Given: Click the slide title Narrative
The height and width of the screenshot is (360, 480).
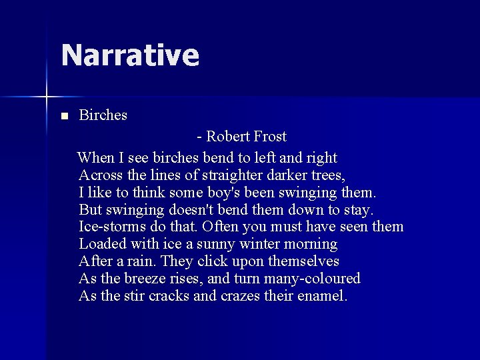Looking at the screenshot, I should click(x=130, y=55).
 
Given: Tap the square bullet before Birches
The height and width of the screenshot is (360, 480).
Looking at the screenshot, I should click(x=64, y=116).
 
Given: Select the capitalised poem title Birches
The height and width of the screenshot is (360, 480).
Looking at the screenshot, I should click(x=103, y=115).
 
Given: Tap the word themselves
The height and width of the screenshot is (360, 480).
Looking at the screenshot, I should click(x=303, y=261).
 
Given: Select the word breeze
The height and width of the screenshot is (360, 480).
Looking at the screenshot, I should click(x=147, y=279).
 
